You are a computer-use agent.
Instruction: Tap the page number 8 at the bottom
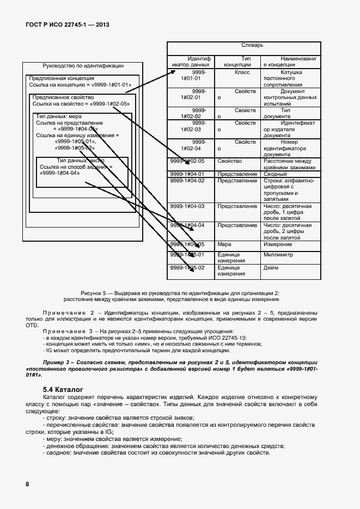coord(27,484)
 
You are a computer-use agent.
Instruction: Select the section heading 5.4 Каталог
coord(63,390)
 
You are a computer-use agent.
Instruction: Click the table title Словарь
coord(252,45)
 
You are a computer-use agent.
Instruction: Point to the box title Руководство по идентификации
coord(83,66)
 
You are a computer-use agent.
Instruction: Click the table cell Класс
coord(242,72)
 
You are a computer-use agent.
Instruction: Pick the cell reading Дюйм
coord(271,267)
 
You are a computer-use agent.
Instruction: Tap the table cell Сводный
coord(275,174)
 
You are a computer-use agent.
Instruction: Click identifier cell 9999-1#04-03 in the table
coord(187,206)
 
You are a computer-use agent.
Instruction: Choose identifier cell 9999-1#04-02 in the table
coord(187,181)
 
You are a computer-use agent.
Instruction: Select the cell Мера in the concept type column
coord(224,244)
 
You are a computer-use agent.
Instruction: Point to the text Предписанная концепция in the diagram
coord(58,78)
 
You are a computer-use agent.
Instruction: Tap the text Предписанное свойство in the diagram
coord(59,97)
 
